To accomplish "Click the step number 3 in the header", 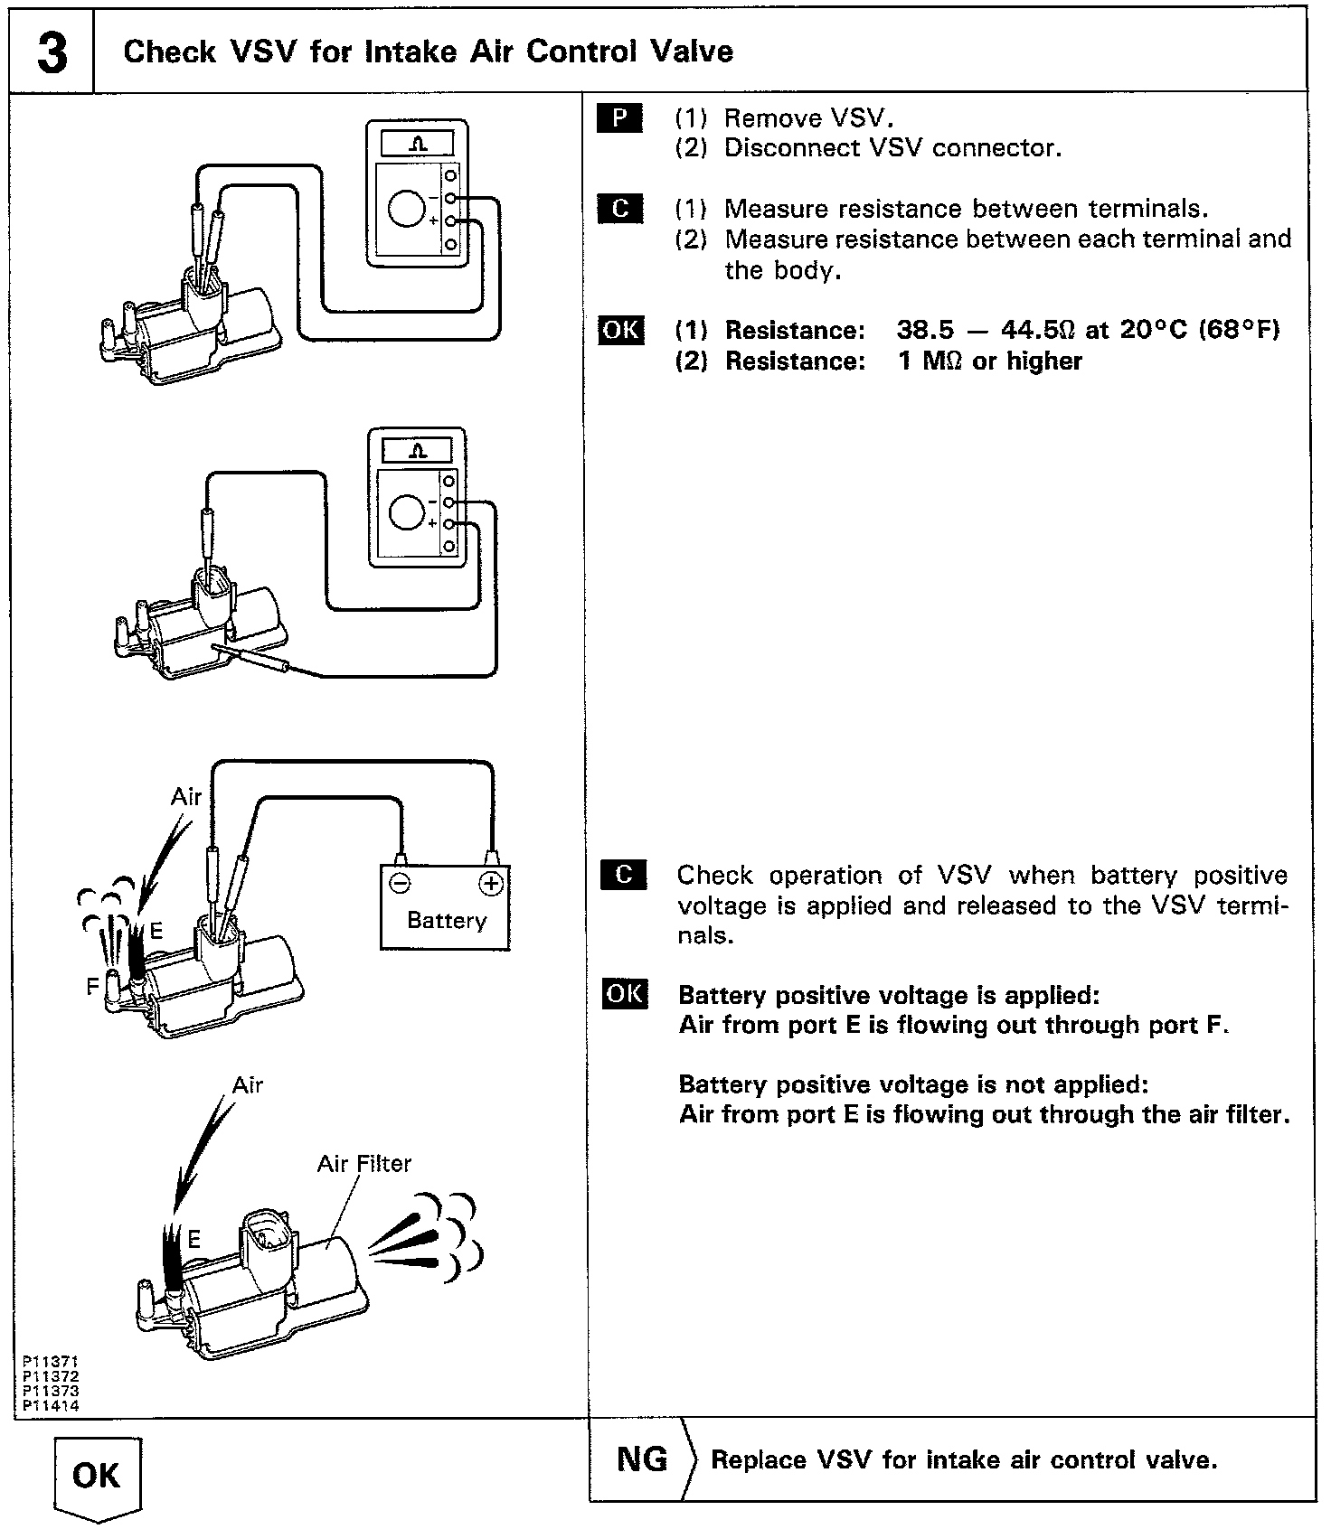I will pos(52,52).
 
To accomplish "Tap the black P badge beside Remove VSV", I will pos(620,118).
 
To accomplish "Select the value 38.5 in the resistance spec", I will pos(925,330).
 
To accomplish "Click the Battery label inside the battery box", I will pos(447,920).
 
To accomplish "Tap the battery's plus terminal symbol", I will pos(491,883).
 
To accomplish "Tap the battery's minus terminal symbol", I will pos(400,883).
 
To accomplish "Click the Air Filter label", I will pos(363,1163).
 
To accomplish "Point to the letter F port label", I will pos(92,987).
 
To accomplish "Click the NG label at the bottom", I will pos(642,1459).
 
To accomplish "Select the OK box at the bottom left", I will pos(96,1475).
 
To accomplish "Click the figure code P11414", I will pos(51,1406).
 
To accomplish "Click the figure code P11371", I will pos(51,1360).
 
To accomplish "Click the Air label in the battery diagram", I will pos(186,796).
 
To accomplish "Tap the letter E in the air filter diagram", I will pos(194,1240).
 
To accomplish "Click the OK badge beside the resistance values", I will pos(621,330).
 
